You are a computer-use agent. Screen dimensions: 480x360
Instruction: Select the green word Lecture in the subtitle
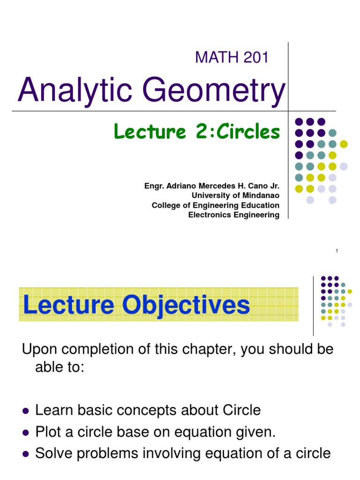pyautogui.click(x=149, y=132)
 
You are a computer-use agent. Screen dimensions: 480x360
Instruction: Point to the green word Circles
pyautogui.click(x=249, y=132)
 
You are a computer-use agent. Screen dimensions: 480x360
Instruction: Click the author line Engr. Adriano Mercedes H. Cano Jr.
pyautogui.click(x=212, y=186)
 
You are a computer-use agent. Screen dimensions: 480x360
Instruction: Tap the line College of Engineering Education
pyautogui.click(x=216, y=205)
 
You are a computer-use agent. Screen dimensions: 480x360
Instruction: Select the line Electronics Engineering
pyautogui.click(x=233, y=215)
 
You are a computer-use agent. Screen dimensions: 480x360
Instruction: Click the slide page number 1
pyautogui.click(x=337, y=252)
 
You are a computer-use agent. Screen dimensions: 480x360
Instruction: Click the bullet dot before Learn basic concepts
pyautogui.click(x=26, y=411)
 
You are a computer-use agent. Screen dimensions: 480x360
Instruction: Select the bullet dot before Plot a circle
pyautogui.click(x=26, y=433)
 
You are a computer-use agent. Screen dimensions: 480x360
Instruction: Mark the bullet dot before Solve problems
pyautogui.click(x=26, y=454)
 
